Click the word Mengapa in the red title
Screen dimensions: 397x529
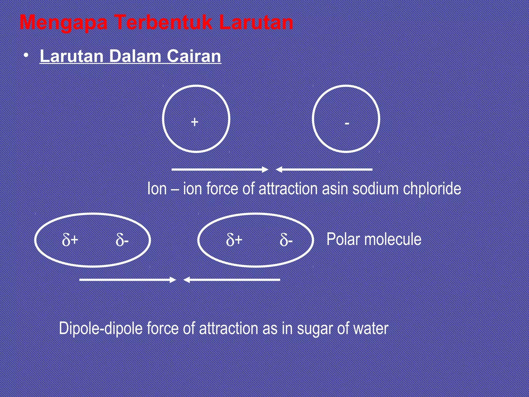click(64, 23)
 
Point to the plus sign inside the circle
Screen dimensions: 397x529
click(195, 122)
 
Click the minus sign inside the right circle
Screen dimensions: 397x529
click(347, 124)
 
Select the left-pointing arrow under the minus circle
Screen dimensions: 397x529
click(324, 170)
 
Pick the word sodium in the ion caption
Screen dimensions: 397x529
click(375, 189)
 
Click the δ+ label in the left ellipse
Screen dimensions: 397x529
click(70, 240)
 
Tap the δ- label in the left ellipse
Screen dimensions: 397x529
click(122, 240)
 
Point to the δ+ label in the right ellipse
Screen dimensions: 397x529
click(234, 240)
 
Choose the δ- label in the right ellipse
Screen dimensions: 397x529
click(286, 240)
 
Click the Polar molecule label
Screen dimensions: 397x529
click(374, 239)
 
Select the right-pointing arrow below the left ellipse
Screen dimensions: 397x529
click(128, 280)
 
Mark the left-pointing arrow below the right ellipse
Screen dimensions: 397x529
click(232, 280)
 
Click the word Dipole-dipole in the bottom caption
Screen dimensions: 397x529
click(101, 329)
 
